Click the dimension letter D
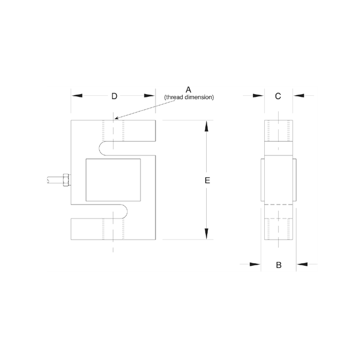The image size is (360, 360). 114,96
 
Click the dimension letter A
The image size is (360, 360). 188,89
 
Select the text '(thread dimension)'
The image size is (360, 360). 189,98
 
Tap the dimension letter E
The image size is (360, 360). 207,181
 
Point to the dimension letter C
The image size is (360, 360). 278,96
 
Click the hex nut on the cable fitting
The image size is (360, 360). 66,181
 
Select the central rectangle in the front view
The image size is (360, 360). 113,180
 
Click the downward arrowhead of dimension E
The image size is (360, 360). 207,233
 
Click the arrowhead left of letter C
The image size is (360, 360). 257,96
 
